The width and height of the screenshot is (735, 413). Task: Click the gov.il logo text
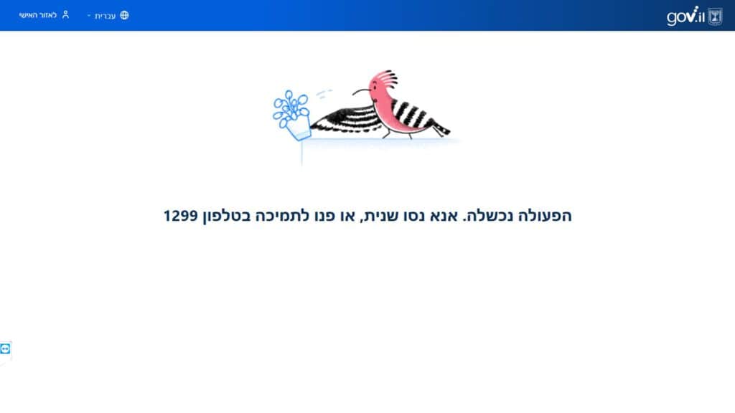pyautogui.click(x=685, y=16)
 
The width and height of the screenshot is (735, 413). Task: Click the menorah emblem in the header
pyautogui.click(x=715, y=17)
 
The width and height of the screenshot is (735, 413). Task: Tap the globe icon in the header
pyautogui.click(x=124, y=16)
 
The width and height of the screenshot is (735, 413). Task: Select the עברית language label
pyautogui.click(x=105, y=16)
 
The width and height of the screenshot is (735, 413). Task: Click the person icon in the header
pyautogui.click(x=65, y=15)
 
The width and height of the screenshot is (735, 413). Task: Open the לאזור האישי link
pyautogui.click(x=37, y=16)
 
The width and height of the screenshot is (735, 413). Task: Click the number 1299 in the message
pyautogui.click(x=181, y=216)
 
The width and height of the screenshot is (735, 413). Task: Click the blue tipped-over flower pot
pyautogui.click(x=299, y=128)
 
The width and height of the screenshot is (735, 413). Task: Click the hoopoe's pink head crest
pyautogui.click(x=385, y=80)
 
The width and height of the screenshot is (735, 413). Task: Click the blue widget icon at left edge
pyautogui.click(x=5, y=349)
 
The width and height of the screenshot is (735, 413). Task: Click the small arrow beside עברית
pyautogui.click(x=88, y=16)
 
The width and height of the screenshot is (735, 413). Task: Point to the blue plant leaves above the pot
pyautogui.click(x=290, y=107)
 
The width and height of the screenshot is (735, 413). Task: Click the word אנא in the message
pyautogui.click(x=444, y=216)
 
